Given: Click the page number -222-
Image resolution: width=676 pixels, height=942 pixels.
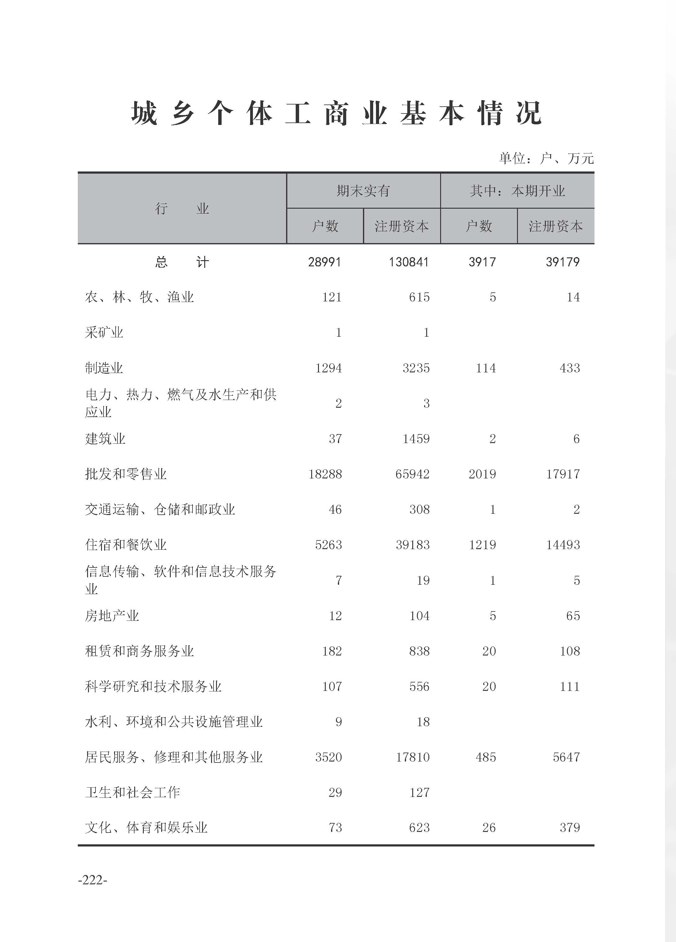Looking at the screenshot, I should point(93,880).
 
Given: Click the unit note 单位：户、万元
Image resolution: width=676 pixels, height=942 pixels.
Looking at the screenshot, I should point(546,158).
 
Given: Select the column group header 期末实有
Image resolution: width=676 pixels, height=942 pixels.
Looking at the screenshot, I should point(363,191).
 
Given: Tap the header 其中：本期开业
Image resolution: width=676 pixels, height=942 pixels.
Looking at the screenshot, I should point(517,191).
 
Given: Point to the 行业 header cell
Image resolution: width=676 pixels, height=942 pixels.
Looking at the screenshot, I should point(182,208).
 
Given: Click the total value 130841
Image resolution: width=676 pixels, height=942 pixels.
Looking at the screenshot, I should point(408,262).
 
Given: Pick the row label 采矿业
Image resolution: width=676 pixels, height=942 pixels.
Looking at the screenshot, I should point(104,333).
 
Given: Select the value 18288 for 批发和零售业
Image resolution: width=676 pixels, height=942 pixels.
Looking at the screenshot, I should point(325,474).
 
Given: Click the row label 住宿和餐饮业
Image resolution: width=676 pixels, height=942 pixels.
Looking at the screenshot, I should point(126,545).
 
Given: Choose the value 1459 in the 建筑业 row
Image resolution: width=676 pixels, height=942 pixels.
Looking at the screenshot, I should point(416,439).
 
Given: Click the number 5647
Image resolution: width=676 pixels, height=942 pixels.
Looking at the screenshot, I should point(566,757).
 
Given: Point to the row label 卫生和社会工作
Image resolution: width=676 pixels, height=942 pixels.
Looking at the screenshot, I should point(132,793).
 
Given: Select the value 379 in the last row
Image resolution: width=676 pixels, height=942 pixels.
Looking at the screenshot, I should point(569,828).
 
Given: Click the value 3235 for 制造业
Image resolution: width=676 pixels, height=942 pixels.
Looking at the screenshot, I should point(416,368).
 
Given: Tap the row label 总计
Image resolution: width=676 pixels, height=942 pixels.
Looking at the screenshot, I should point(182,262).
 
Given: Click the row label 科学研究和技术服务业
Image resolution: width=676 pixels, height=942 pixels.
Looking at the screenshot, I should point(153,687).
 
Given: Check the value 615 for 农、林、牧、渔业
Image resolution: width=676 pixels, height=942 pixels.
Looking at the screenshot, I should point(419,297).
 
